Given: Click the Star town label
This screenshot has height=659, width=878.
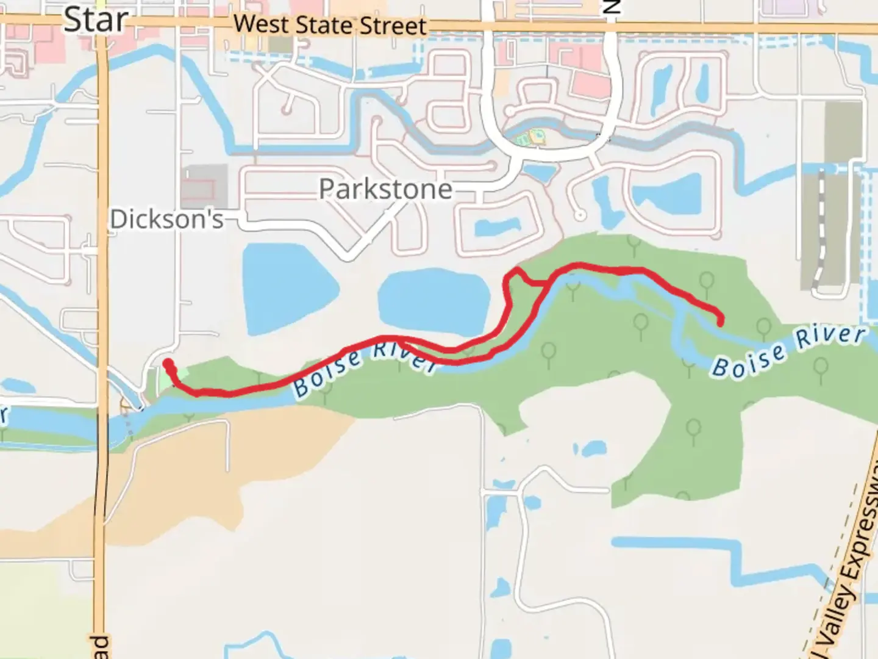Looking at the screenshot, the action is (x=95, y=20).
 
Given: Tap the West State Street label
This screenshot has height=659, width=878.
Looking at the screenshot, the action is (x=330, y=25).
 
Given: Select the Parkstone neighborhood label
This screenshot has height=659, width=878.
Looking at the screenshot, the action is (x=385, y=189).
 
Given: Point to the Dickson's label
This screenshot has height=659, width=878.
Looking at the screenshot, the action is (x=166, y=219).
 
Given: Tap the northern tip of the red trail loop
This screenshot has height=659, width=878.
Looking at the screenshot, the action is (x=517, y=269).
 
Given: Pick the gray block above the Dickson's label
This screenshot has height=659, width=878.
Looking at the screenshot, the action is (x=204, y=186).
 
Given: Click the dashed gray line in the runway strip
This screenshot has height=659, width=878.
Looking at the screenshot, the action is (x=821, y=232).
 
